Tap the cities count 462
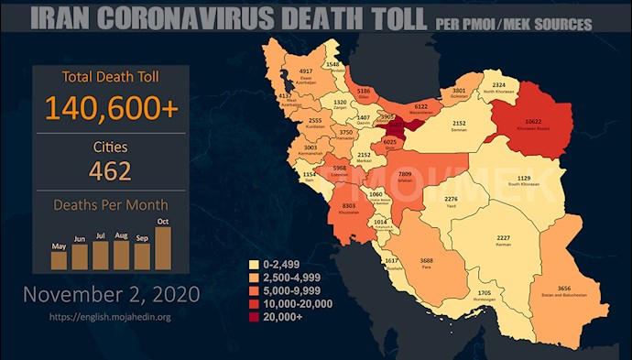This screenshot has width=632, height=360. [110, 170]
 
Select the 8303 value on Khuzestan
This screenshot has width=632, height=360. [348, 207]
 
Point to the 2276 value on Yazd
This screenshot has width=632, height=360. [451, 200]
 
